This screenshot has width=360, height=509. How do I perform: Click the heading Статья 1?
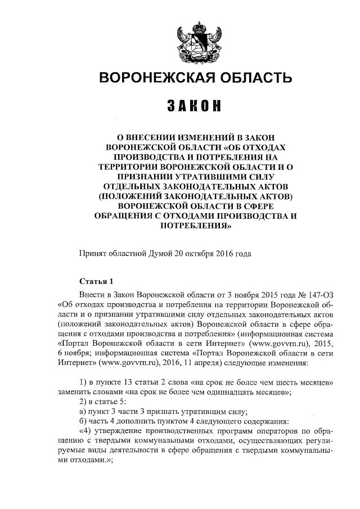(97, 282)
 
